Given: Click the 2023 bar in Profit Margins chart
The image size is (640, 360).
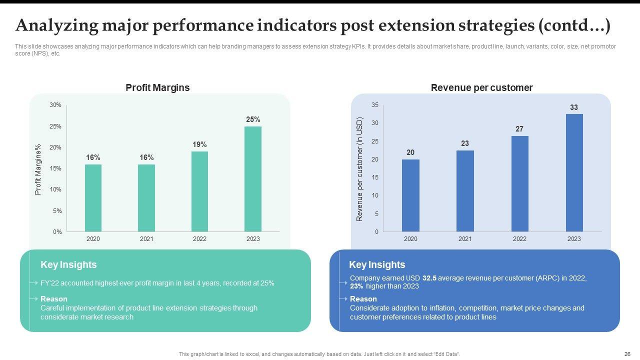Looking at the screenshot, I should (253, 179).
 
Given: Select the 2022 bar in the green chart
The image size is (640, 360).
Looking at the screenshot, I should (199, 191).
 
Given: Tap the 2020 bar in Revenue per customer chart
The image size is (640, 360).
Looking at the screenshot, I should (410, 195).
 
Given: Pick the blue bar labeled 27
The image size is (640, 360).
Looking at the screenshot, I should (519, 184).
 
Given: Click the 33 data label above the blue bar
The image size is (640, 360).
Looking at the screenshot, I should (574, 107).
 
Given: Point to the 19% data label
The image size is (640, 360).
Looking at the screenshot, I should (199, 144).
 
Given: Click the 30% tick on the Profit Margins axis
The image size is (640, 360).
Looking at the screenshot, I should (55, 105).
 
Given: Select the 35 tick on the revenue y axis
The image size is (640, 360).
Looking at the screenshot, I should (375, 105).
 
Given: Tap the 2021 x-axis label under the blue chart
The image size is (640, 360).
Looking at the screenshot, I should (465, 239).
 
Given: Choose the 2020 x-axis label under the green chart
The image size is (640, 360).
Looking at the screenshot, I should (93, 239).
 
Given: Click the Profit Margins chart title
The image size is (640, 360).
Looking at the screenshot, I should (157, 88).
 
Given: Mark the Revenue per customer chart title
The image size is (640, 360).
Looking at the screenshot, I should (481, 88).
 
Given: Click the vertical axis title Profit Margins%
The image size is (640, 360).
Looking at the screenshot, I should (38, 169).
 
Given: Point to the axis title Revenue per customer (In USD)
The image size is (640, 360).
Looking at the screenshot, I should (359, 169).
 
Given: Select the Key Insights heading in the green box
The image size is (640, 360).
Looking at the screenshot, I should (68, 265).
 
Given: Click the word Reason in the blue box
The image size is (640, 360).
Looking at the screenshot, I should (363, 299).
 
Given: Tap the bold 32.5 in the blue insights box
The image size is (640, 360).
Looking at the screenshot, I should (429, 278).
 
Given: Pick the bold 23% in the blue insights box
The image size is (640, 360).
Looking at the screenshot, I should (356, 286).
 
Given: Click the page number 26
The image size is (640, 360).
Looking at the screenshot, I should (627, 354).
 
